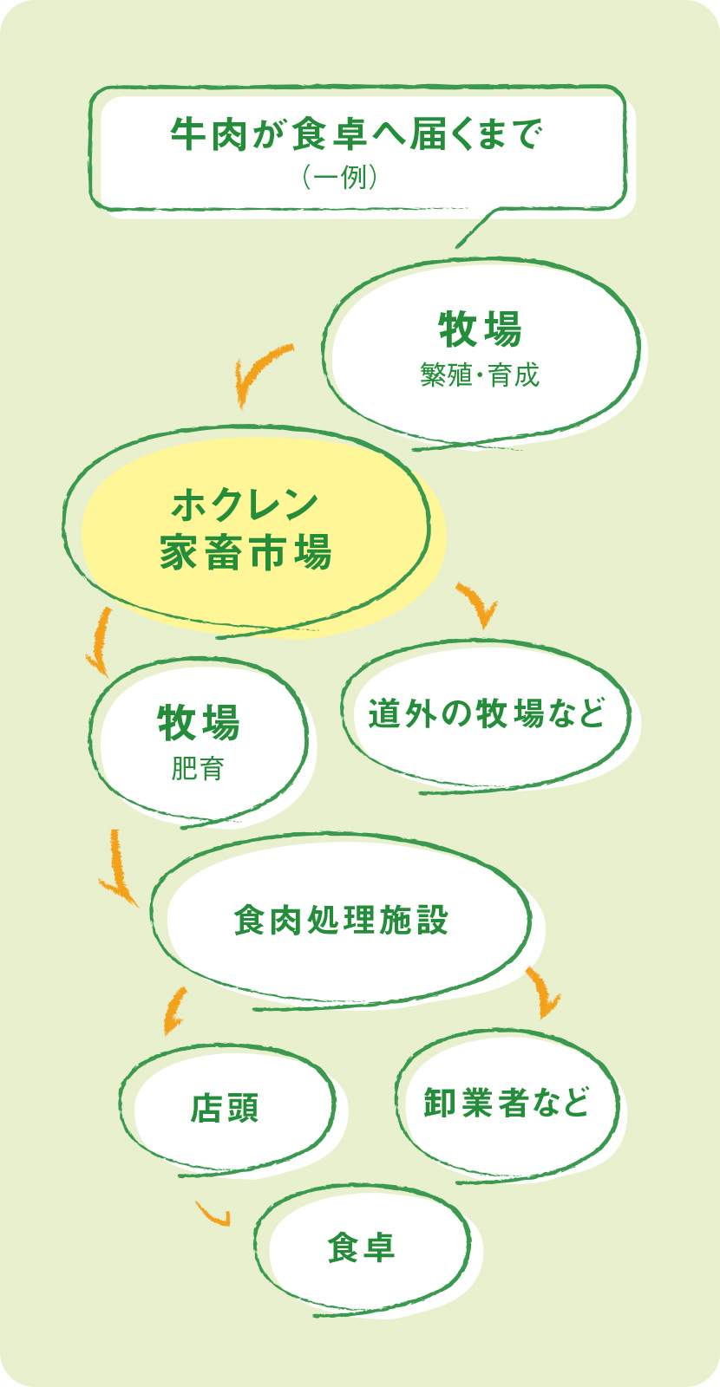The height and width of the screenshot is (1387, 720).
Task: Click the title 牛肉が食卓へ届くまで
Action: [357, 134]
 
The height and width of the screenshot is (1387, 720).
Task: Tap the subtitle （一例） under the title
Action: [339, 178]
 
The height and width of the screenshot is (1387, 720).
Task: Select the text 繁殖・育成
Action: [480, 375]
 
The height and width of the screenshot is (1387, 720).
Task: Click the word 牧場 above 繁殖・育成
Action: [480, 329]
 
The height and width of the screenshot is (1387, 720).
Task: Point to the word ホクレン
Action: [245, 505]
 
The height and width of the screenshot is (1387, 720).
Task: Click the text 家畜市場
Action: [245, 552]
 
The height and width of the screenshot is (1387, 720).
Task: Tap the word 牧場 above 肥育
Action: [199, 723]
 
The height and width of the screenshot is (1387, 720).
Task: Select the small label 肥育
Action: [198, 769]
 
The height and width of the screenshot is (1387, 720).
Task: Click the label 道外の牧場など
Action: [486, 713]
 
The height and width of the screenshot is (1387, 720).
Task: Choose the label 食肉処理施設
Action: [342, 921]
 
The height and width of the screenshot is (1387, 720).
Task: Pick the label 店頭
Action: [226, 1108]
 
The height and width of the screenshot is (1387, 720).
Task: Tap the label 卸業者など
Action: [507, 1103]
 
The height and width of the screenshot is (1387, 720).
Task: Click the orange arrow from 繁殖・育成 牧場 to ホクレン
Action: [258, 371]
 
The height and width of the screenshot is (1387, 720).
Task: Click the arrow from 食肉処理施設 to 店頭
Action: [174, 1010]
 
